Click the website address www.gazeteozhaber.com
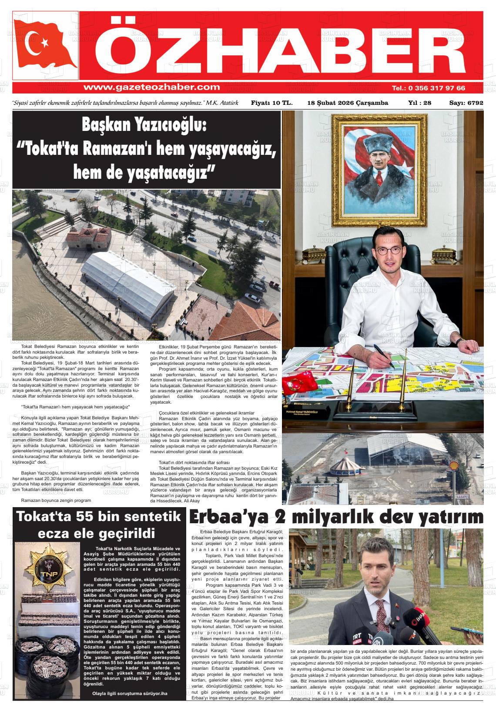coord(151,87)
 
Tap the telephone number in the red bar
coord(429,88)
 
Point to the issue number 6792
coord(474,104)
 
